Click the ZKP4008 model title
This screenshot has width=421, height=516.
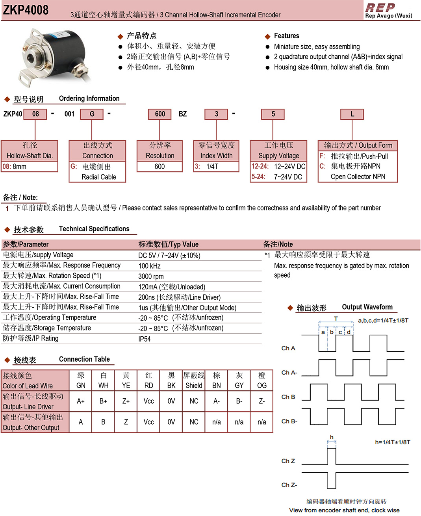(26, 9)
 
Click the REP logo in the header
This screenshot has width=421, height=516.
(380, 7)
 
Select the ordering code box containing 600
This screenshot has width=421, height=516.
(160, 114)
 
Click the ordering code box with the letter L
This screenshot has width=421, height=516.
(352, 114)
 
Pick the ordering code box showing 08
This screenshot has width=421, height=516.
(35, 114)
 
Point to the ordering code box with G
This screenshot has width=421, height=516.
(92, 114)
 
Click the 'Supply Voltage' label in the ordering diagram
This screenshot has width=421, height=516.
(278, 156)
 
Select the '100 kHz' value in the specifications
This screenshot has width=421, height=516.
(149, 266)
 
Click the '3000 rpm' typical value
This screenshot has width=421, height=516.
(151, 277)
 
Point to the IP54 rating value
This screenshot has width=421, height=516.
(145, 339)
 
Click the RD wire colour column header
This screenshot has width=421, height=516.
(148, 380)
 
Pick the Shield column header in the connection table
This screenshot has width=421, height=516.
(194, 380)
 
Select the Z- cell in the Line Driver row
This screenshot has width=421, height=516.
(262, 401)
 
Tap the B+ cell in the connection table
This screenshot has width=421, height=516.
(103, 401)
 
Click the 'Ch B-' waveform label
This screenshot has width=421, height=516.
(289, 421)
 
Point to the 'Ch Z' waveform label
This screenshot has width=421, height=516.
(288, 461)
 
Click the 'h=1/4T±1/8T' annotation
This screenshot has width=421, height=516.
(392, 442)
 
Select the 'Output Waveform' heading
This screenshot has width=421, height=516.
(367, 307)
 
